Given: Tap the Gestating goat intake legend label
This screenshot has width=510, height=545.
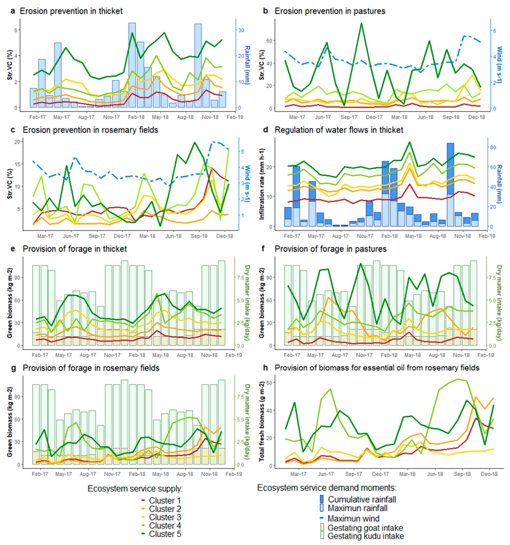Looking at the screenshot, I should point(365,528).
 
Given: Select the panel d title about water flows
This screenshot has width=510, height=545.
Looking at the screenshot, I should point(339,130).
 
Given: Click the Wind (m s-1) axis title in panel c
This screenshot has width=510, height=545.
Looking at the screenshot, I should point(247,184).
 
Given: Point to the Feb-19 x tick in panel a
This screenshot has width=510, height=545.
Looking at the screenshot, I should point(235,117).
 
